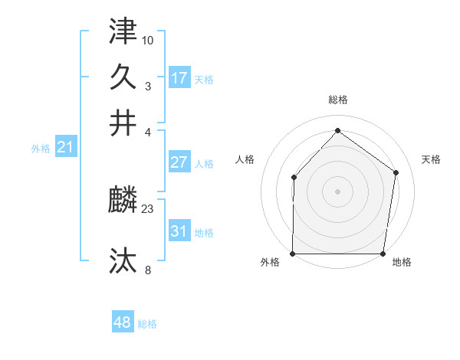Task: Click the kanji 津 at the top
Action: pos(123,31)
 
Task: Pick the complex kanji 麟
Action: pos(123,201)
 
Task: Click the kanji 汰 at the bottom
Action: pos(123,260)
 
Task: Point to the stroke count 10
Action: pos(148,40)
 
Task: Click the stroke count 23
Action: pos(148,208)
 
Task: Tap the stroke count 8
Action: pos(148,269)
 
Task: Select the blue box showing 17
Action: pos(179,78)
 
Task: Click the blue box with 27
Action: pos(179,162)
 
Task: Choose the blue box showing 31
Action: pos(179,231)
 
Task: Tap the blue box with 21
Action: pos(64,147)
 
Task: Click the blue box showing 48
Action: pos(123,322)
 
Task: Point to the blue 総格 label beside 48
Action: pos(147,324)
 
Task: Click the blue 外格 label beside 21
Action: pos(41,149)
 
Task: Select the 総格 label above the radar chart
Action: pos(338,100)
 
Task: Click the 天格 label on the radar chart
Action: pos(432,159)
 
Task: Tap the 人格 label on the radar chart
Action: pos(245,159)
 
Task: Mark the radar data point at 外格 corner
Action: pos(294,254)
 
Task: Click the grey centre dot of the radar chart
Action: pos(338,191)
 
